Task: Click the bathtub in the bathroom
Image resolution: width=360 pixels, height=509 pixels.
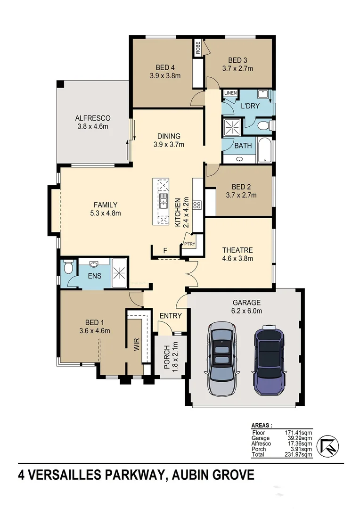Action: pyautogui.click(x=264, y=150)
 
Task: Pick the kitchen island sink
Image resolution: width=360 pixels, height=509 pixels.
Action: pyautogui.click(x=164, y=201)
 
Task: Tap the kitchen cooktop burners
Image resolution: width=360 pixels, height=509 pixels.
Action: pyautogui.click(x=197, y=205)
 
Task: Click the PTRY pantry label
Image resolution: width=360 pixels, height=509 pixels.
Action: pyautogui.click(x=189, y=244)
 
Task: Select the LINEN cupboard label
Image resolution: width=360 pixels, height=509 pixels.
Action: pyautogui.click(x=230, y=93)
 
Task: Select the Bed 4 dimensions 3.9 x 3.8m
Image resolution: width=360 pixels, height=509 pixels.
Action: pyautogui.click(x=165, y=75)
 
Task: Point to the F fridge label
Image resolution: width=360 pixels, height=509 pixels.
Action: pyautogui.click(x=164, y=251)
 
